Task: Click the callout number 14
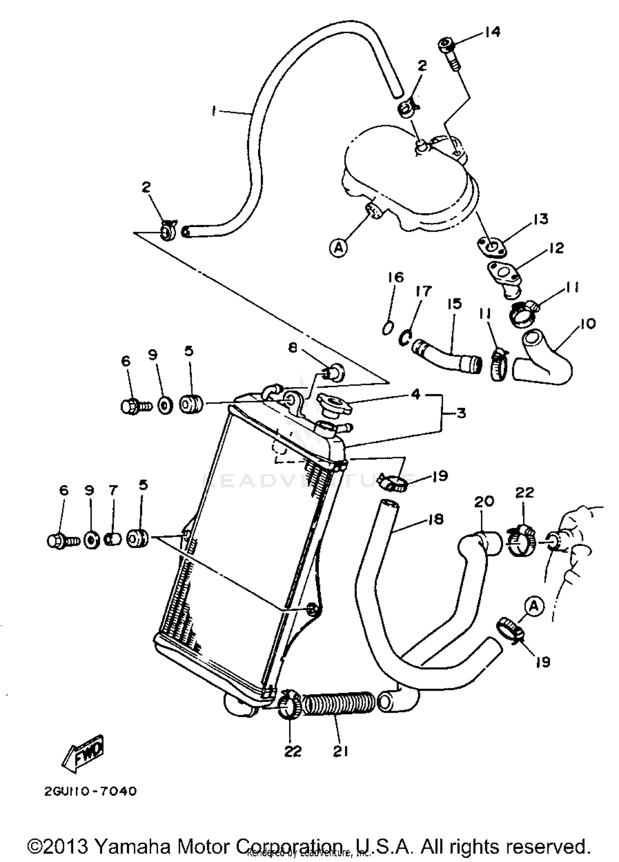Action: [492, 32]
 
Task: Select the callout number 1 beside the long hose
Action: [214, 111]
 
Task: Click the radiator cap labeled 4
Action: [333, 404]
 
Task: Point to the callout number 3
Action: [461, 413]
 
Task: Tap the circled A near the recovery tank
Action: [338, 248]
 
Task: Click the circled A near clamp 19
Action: [534, 606]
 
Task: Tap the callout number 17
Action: [423, 291]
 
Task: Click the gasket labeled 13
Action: [491, 246]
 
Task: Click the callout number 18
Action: [436, 519]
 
